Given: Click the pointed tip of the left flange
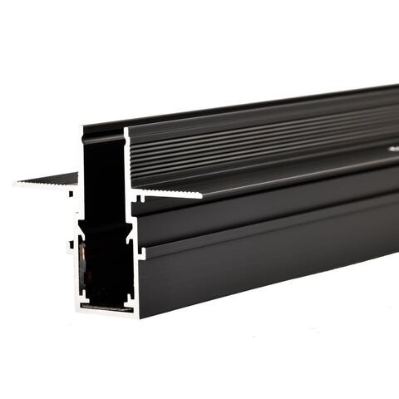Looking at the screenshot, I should point(16,185).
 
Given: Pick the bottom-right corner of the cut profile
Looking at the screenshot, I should point(138,318).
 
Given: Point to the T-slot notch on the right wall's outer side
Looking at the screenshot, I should point(139,249).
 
